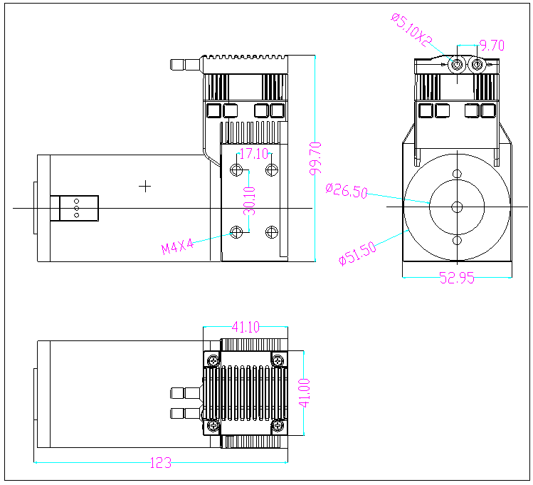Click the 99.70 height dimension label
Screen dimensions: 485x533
(317, 157)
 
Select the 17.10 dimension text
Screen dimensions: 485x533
(254, 153)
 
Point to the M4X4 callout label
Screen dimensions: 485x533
(177, 247)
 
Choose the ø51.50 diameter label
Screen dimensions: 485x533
(357, 254)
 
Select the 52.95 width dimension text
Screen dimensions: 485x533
(456, 278)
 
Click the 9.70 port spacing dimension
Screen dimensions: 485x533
(492, 46)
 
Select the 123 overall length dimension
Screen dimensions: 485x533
(160, 463)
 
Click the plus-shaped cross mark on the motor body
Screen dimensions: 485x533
(145, 186)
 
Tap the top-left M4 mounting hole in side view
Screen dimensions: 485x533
(237, 170)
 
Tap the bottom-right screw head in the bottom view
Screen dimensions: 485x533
(278, 426)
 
